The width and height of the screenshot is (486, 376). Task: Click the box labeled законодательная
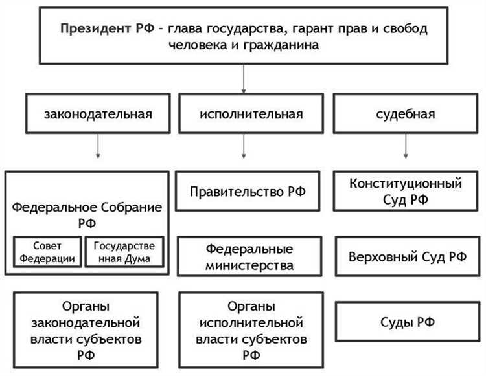[98, 115]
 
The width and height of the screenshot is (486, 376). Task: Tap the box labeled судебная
[405, 115]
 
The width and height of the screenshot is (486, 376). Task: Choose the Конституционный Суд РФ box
[406, 191]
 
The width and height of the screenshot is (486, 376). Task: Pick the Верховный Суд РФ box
[406, 256]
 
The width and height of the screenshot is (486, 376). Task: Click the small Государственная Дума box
[125, 252]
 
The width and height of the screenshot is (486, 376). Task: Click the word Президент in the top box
[91, 30]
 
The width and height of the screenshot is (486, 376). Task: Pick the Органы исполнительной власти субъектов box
[250, 328]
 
